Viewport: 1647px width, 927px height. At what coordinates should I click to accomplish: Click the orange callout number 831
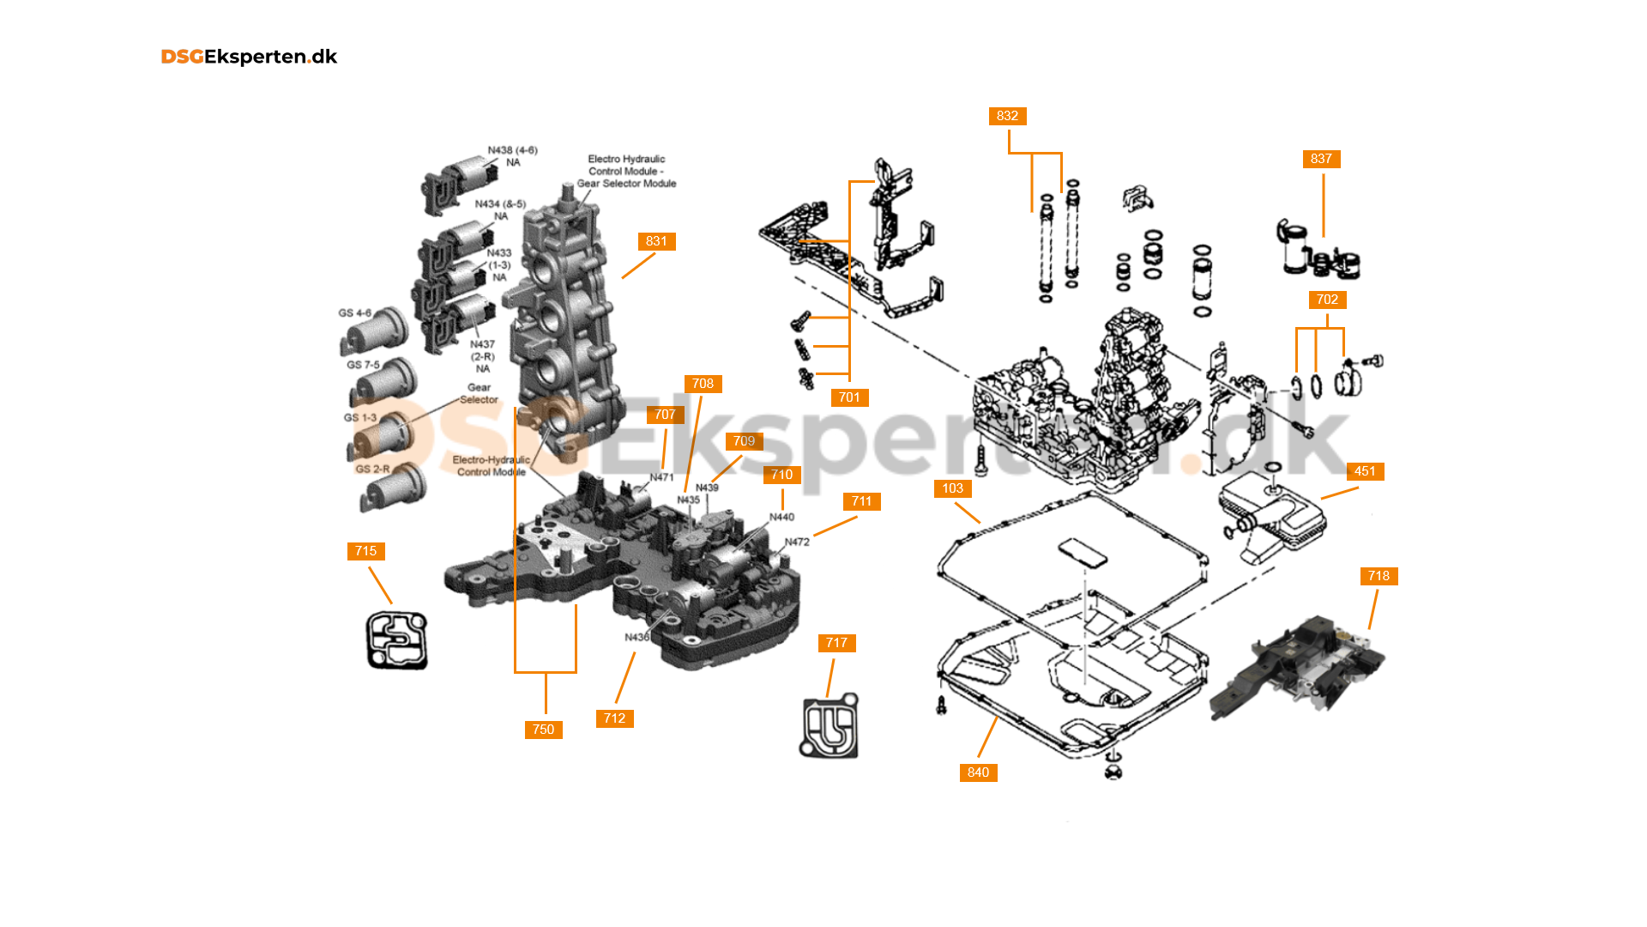click(656, 241)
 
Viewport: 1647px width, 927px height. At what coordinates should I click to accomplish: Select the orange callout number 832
click(1007, 116)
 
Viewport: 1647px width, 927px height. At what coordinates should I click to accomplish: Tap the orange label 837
click(1321, 159)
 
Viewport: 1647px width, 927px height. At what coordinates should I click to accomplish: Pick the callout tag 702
click(1327, 300)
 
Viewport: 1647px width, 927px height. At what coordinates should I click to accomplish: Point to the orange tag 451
click(1365, 471)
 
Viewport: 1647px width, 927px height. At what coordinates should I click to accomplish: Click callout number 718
click(1379, 576)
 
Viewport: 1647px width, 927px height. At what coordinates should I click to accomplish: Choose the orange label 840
click(978, 772)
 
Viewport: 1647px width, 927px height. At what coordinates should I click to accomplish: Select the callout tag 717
click(836, 643)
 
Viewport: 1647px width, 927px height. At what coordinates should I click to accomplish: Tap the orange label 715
click(365, 551)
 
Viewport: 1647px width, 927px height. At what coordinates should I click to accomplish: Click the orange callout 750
click(543, 730)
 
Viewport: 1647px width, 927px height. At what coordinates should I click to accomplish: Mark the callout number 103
click(952, 488)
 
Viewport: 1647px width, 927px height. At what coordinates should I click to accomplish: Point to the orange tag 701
click(849, 397)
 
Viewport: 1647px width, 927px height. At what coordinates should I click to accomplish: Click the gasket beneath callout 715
click(396, 640)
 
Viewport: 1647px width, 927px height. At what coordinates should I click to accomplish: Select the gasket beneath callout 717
click(830, 727)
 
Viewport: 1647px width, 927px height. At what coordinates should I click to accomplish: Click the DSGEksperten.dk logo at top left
click(249, 57)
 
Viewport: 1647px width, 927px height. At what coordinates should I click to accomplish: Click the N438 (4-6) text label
click(512, 150)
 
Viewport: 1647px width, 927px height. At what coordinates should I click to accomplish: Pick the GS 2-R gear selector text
click(372, 470)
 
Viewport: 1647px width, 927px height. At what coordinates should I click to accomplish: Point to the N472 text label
click(797, 542)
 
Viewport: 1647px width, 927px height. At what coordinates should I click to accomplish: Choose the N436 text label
click(636, 637)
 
